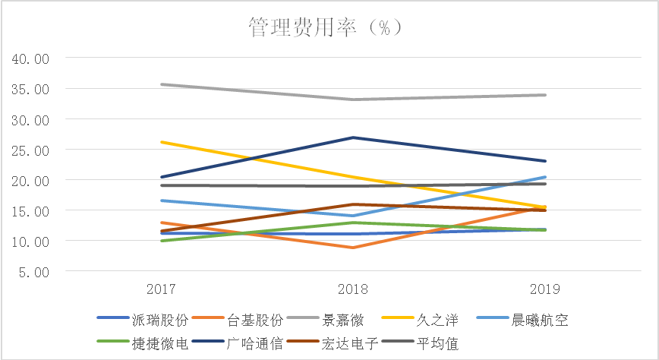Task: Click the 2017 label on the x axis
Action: click(161, 289)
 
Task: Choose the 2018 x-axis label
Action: click(353, 289)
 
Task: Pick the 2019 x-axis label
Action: click(545, 289)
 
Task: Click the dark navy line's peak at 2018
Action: click(353, 137)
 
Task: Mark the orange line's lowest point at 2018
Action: click(353, 248)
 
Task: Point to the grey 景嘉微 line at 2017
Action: click(161, 84)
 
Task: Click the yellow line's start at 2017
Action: click(161, 142)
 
